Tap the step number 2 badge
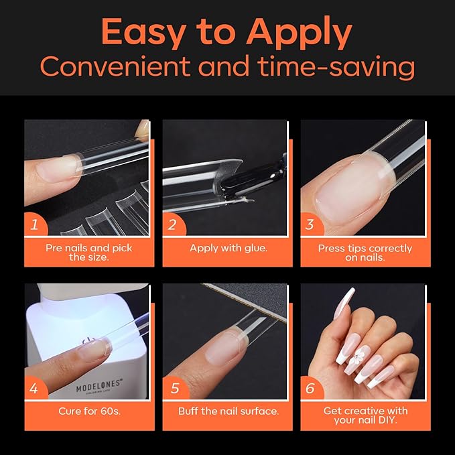[172, 224]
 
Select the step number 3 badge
[310, 224]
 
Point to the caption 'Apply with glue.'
[228, 248]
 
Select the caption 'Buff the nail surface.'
[228, 411]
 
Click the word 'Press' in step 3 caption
[332, 248]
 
